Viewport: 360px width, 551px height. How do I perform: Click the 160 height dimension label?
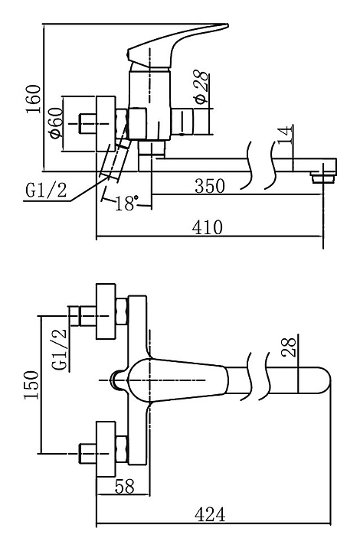click(34, 99)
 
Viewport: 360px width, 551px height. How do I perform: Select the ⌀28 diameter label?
click(201, 87)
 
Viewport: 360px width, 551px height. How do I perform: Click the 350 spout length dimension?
click(210, 186)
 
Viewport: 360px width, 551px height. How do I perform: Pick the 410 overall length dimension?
click(208, 227)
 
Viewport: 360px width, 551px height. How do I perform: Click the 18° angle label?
click(126, 203)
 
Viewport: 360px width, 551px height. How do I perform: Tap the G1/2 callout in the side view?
click(46, 190)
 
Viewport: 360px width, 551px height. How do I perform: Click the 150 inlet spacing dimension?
click(31, 384)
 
